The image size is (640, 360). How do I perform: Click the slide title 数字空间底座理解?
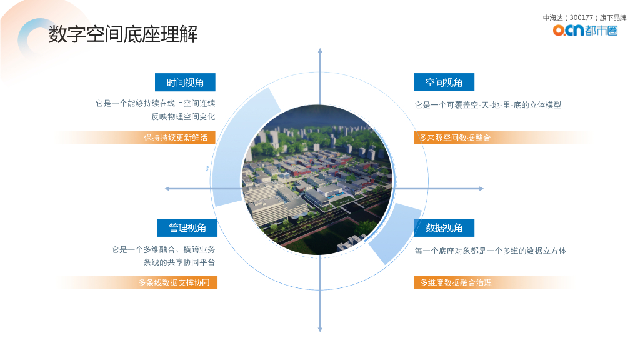point(123,35)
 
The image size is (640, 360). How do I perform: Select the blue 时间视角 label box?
point(185,82)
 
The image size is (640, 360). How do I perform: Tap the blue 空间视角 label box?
point(444,82)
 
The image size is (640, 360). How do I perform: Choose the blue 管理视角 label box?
point(187,227)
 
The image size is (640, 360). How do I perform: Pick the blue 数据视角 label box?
point(444,227)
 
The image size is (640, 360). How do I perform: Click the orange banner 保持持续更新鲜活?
point(176,137)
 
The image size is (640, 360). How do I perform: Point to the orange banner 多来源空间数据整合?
point(455,137)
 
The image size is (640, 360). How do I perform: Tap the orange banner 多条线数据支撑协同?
point(174,282)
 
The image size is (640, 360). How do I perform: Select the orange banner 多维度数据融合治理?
point(456,282)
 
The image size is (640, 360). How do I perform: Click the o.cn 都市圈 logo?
point(585,30)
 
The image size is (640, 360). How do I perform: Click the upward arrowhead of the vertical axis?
point(320,50)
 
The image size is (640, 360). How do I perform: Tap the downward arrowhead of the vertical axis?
point(320,329)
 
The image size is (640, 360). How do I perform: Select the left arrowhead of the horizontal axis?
point(167,189)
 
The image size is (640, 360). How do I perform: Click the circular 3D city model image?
point(317,181)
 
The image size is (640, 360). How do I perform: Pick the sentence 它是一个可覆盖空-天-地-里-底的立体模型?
point(488,105)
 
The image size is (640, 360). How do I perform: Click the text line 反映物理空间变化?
point(183,116)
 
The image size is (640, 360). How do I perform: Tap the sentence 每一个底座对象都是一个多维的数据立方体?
point(491,251)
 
